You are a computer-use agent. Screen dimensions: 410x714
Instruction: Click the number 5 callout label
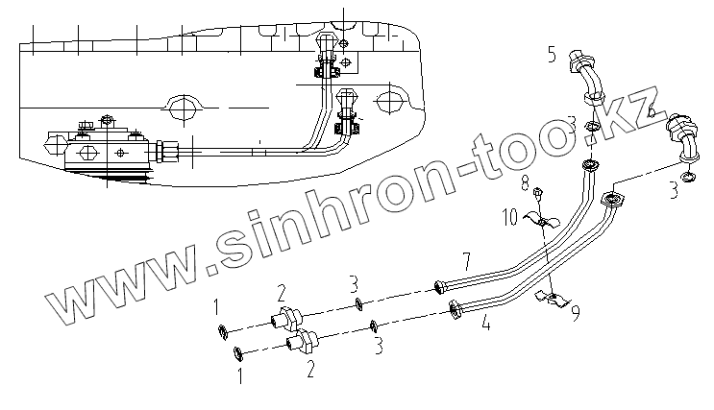pyautogui.click(x=552, y=54)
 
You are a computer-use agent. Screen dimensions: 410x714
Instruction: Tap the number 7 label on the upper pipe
pyautogui.click(x=465, y=259)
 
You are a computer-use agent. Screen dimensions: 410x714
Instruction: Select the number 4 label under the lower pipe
pyautogui.click(x=487, y=324)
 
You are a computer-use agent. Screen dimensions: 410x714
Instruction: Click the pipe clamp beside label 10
pyautogui.click(x=541, y=224)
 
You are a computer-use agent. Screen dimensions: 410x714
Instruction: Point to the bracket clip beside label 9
pyautogui.click(x=552, y=299)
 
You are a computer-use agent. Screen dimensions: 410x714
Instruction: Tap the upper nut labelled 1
pyautogui.click(x=223, y=332)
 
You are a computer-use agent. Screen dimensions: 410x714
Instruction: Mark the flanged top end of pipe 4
pyautogui.click(x=610, y=200)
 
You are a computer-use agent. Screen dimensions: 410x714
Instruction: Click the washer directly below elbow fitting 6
pyautogui.click(x=689, y=177)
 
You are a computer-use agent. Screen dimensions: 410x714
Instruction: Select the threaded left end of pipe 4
pyautogui.click(x=455, y=308)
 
